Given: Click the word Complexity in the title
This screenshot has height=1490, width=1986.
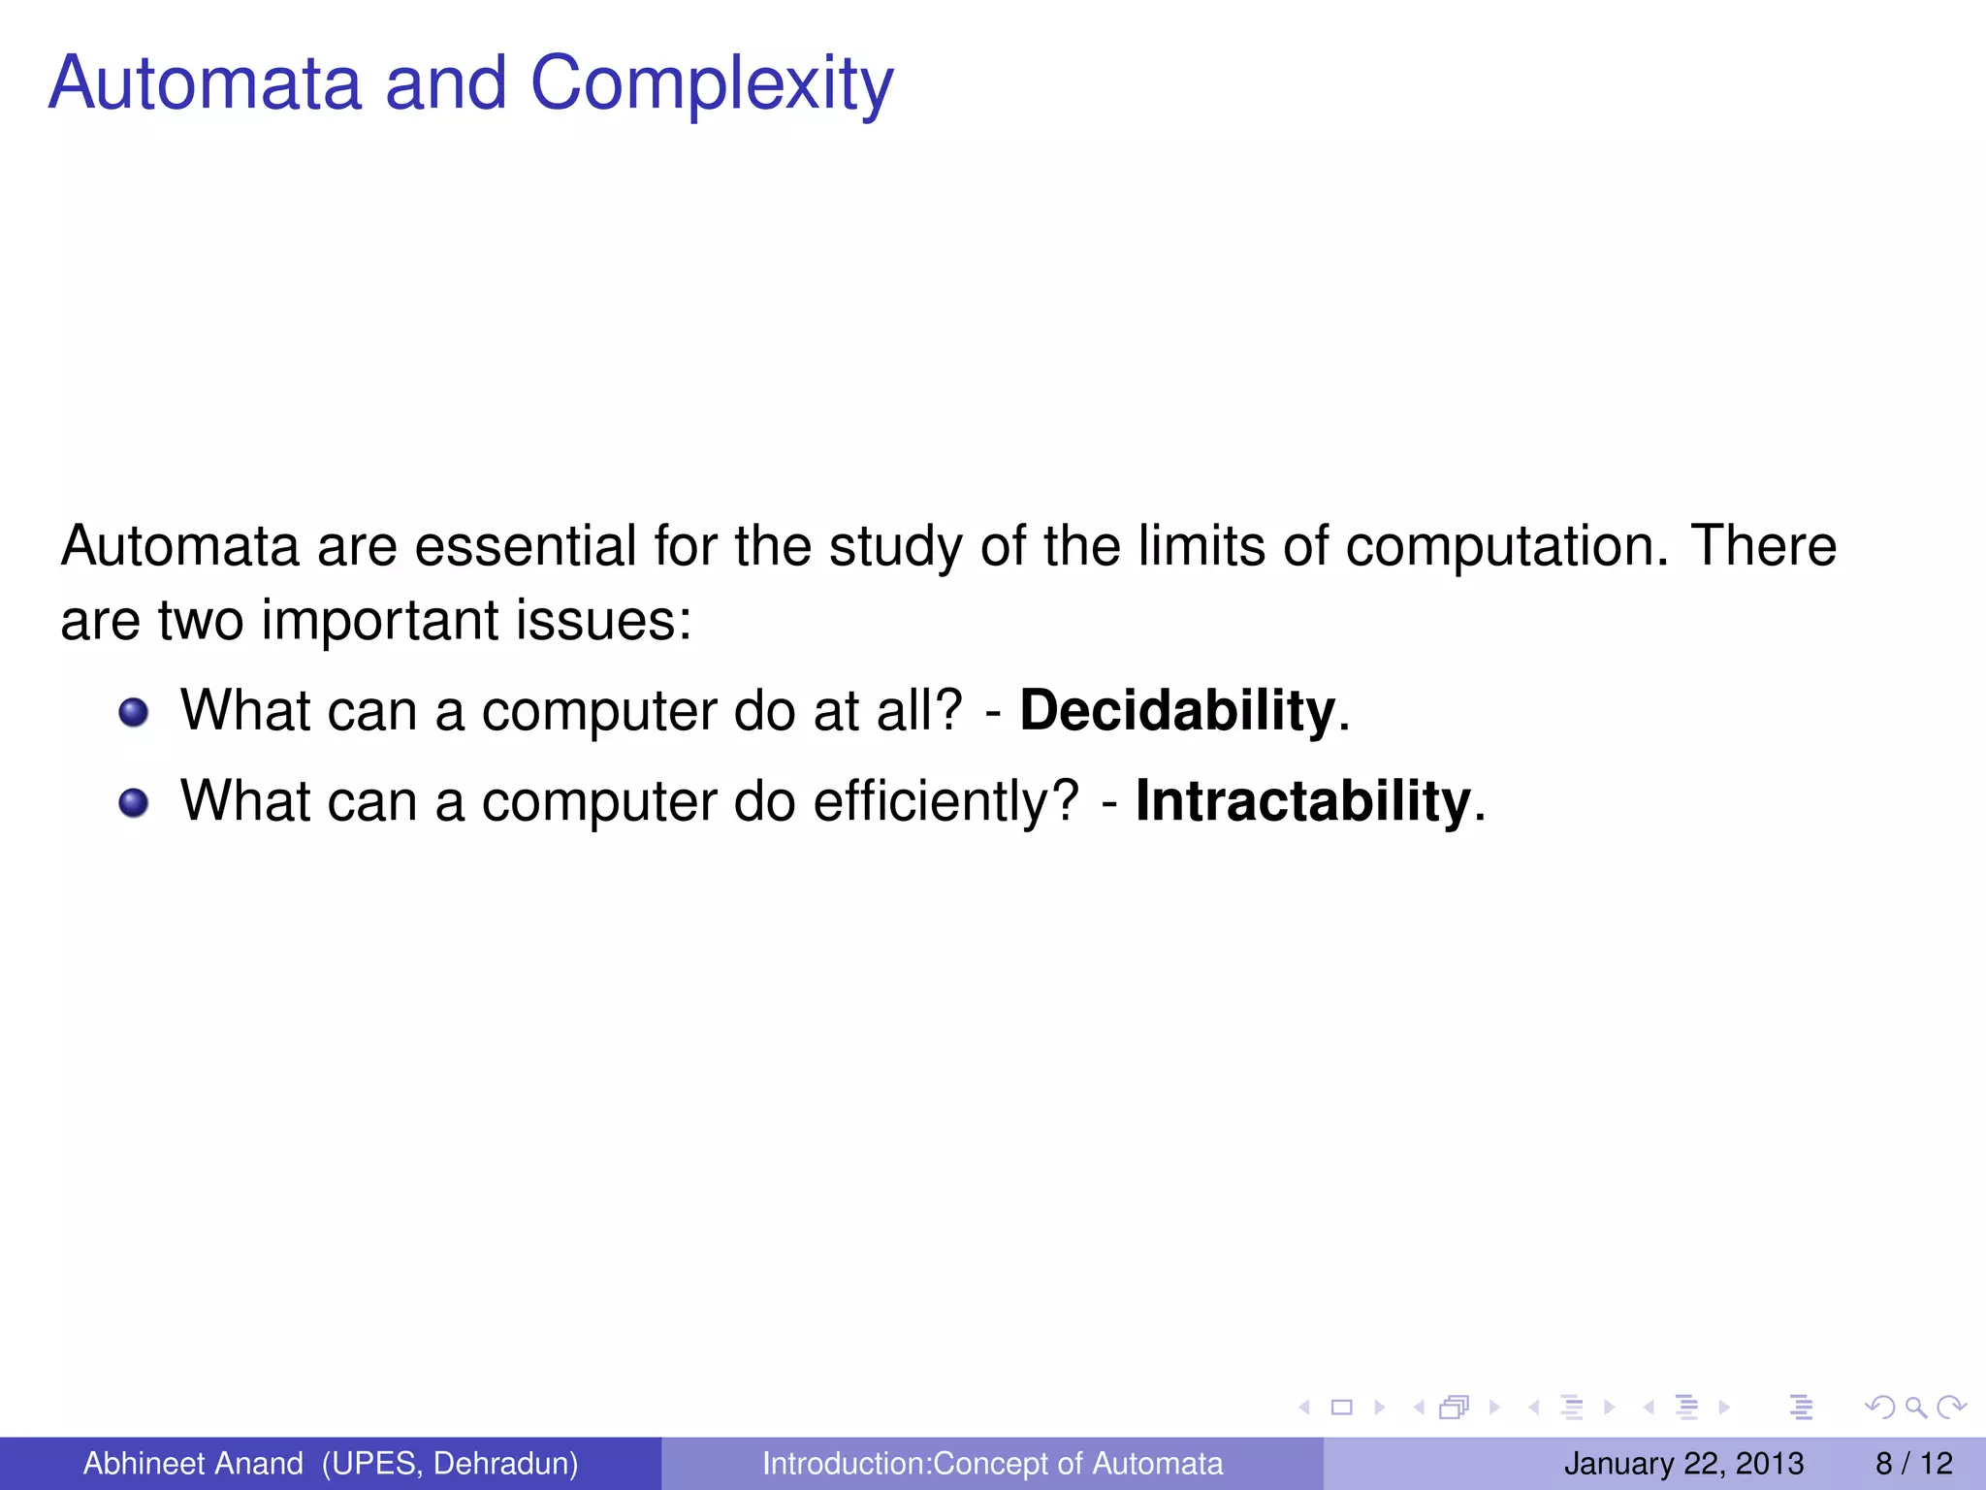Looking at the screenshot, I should (x=711, y=84).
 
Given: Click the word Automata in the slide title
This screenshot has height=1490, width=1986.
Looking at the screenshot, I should (x=205, y=82).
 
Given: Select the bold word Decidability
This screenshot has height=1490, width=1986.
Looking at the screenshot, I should (x=1177, y=710).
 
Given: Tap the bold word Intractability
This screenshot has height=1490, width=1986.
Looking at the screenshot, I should (x=1303, y=801).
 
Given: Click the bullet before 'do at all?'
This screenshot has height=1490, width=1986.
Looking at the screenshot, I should (x=134, y=713).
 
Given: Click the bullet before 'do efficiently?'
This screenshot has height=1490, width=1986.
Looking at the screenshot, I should (x=134, y=803).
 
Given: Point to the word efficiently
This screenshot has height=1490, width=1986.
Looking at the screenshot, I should (x=945, y=801).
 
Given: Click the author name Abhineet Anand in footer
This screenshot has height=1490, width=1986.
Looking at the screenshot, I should (x=193, y=1463).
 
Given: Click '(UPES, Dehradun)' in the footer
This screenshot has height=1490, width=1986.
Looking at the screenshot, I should (x=450, y=1463).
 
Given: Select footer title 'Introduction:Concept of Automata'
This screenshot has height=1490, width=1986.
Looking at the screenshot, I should (x=992, y=1463).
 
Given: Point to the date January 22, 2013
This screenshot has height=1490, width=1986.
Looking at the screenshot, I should (x=1683, y=1463).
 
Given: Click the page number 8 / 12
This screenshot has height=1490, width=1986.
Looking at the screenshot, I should (x=1913, y=1463).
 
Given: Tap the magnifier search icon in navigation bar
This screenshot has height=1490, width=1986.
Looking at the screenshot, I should (x=1915, y=1407).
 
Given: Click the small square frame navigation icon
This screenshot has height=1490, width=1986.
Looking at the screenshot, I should (x=1341, y=1407).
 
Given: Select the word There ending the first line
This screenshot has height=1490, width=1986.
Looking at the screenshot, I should (x=1763, y=545).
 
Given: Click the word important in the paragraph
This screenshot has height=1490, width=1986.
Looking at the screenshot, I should (x=379, y=620).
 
